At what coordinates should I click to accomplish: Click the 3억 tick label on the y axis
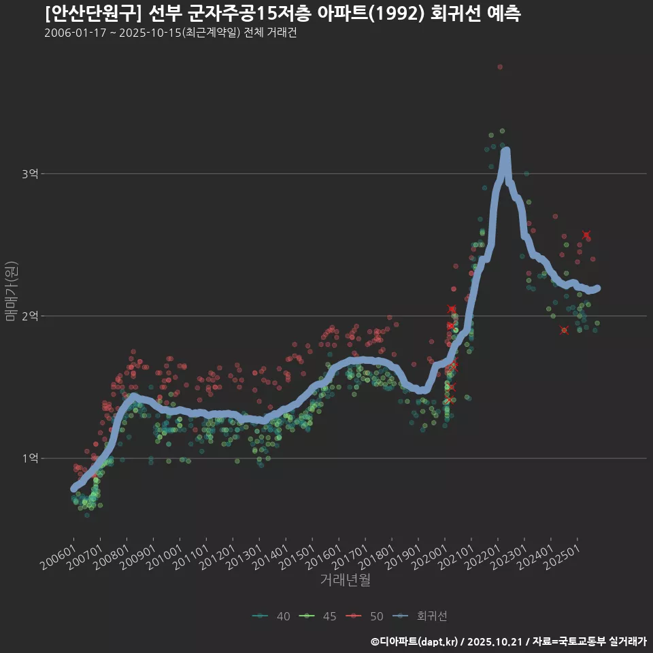29,174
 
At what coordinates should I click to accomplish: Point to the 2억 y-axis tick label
29,316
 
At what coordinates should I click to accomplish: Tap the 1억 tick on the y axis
29,458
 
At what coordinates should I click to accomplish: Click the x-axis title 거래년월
345,580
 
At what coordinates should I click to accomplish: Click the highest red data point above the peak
500,67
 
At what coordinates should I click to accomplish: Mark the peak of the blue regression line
505,152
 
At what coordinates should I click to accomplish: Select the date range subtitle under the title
170,33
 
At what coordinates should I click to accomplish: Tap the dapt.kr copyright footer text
508,641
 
